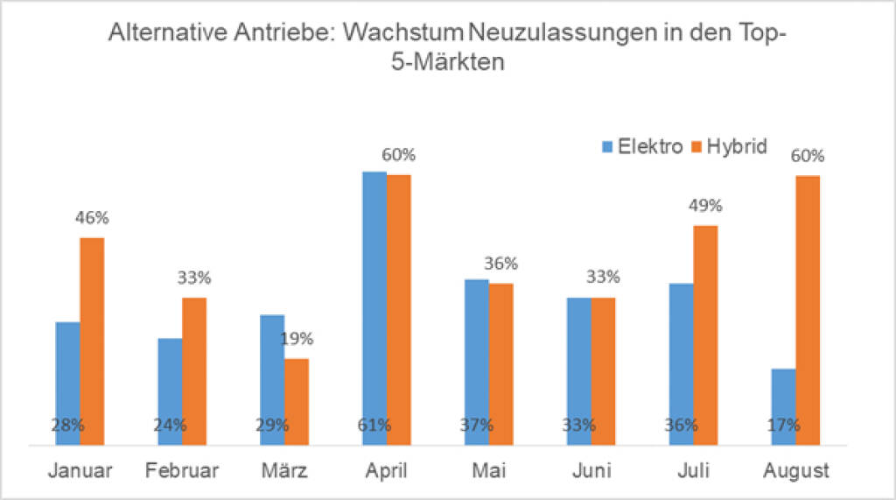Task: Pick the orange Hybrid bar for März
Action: tap(297, 402)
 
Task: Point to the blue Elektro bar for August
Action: tap(783, 407)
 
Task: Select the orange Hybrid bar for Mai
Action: tap(501, 364)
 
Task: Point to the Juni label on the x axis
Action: tap(591, 471)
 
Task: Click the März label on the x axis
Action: tap(284, 471)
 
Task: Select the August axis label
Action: tap(795, 471)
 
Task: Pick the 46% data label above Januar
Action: tap(92, 217)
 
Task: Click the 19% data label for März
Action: tap(297, 339)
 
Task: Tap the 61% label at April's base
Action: tap(374, 426)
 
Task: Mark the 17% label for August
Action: tap(782, 426)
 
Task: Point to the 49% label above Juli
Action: tap(704, 206)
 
